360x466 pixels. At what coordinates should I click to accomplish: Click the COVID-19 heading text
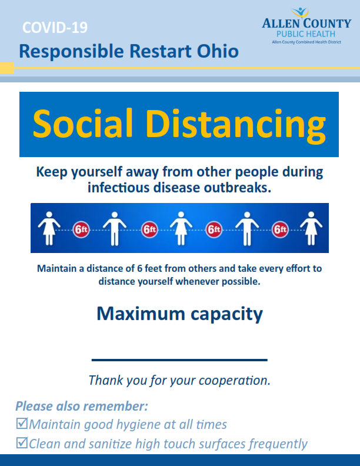(x=55, y=28)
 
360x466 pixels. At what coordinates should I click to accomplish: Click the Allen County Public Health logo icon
(x=300, y=12)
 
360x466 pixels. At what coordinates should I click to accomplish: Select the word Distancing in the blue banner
(x=235, y=125)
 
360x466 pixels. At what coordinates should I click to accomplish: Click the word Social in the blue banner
(x=83, y=123)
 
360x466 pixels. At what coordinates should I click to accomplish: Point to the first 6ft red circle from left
(x=81, y=229)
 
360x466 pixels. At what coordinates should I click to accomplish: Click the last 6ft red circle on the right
(x=280, y=229)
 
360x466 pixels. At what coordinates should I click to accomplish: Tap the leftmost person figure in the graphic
(x=49, y=228)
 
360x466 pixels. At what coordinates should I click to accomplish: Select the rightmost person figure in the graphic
(x=311, y=228)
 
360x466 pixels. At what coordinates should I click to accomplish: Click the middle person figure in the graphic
(x=181, y=228)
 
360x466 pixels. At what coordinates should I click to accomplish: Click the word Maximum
(x=141, y=314)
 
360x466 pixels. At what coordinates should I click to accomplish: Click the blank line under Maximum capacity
(x=179, y=360)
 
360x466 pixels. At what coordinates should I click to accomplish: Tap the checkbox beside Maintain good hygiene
(x=22, y=424)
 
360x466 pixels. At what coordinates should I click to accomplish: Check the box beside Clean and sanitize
(x=22, y=443)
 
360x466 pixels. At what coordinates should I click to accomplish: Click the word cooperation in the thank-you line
(x=234, y=381)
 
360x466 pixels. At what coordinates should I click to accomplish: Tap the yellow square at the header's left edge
(x=7, y=68)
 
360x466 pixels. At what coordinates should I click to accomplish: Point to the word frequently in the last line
(x=278, y=444)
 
